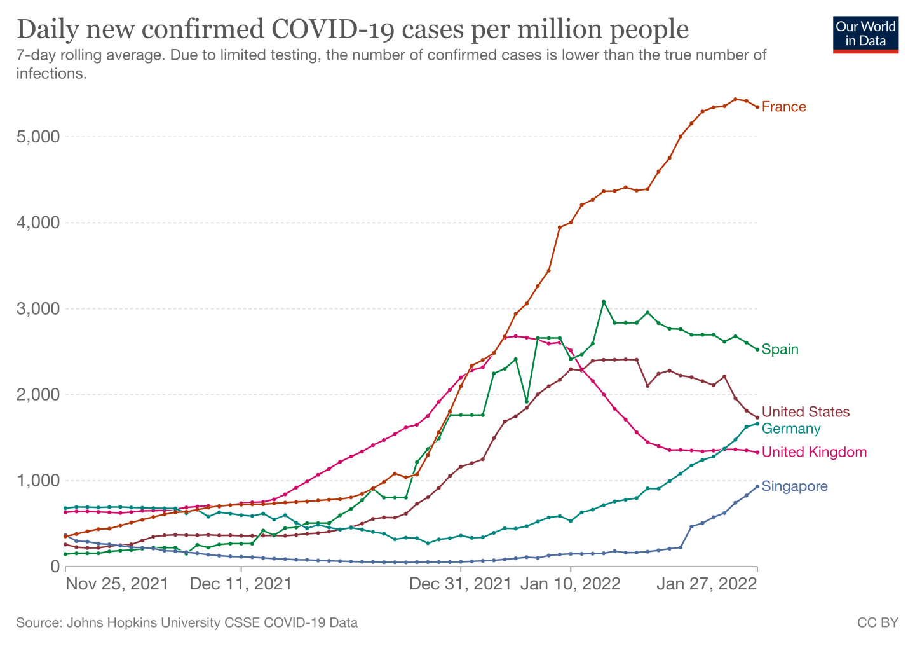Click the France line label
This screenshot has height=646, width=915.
point(783,107)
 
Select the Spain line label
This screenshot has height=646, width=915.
point(780,349)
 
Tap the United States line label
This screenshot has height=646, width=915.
point(805,412)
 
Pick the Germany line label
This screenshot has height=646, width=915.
point(791,429)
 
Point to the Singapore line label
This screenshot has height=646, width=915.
point(794,486)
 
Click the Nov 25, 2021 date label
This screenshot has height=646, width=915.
point(118,584)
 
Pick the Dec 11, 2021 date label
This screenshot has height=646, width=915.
point(241,584)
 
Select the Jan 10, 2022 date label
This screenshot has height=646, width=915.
point(570,584)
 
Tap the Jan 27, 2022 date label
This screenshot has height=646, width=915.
point(707,584)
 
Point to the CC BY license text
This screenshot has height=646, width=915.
point(878,622)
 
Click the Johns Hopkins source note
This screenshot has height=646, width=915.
point(187,622)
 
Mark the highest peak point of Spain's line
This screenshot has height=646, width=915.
point(604,302)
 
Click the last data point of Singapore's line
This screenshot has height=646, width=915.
point(757,486)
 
